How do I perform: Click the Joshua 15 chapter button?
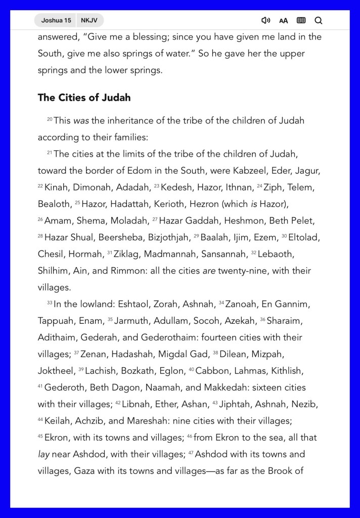56,20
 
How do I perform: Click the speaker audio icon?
265,21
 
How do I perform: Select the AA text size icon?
283,21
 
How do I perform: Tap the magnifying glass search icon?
318,21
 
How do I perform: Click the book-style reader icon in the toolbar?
301,21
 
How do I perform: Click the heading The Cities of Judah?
84,98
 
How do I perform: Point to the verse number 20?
50,119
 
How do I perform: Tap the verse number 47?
191,453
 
